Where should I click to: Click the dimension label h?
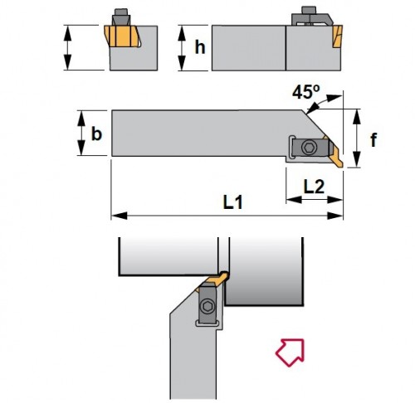(x=199, y=48)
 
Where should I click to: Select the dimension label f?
(x=373, y=140)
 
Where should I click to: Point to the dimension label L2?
(x=313, y=187)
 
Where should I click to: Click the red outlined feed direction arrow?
(x=290, y=351)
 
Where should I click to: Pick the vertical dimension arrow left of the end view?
(x=70, y=48)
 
